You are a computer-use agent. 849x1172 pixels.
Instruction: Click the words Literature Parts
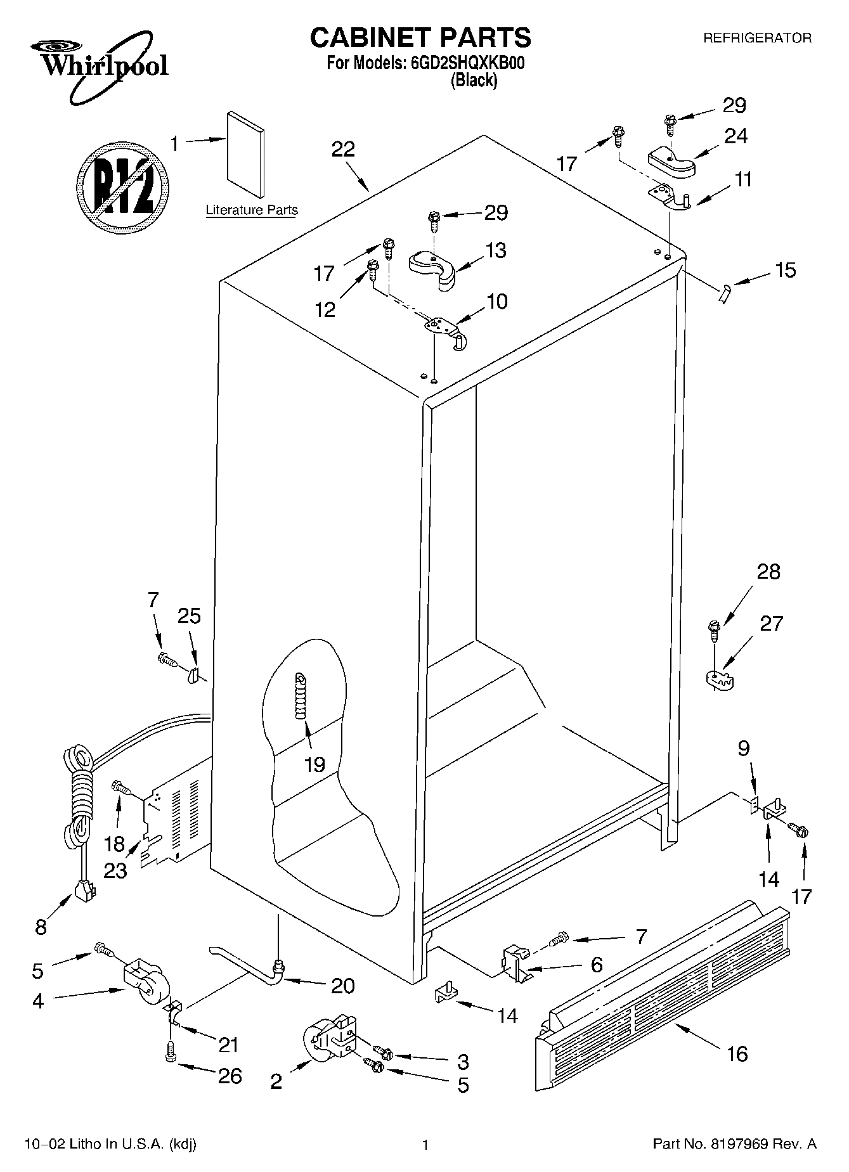pos(252,210)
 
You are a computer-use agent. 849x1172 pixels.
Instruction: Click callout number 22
pos(343,150)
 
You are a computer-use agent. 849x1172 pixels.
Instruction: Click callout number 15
pos(785,270)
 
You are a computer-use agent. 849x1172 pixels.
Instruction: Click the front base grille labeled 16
pos(663,1000)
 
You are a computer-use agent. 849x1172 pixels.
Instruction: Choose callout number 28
pos(768,572)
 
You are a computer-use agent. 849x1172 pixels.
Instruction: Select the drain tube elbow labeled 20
pos(276,968)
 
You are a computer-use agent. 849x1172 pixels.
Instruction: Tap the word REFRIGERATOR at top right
pos(757,38)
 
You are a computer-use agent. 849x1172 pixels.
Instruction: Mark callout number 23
pos(115,870)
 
